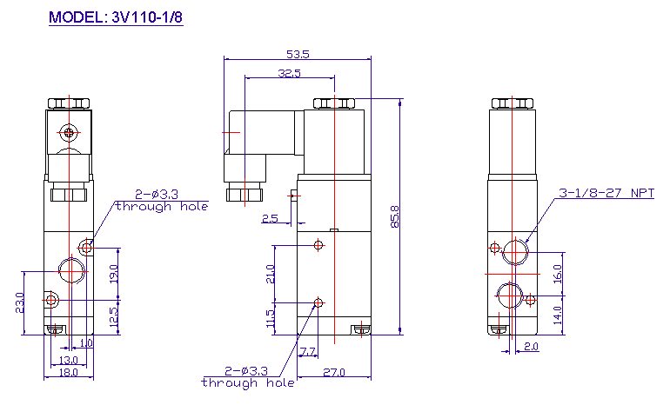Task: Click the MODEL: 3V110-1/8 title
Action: tap(116, 17)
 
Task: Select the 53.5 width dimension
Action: tap(298, 54)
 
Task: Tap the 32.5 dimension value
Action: tap(289, 73)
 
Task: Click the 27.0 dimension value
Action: tap(334, 373)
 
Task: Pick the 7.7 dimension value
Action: tap(307, 351)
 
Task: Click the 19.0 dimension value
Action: tap(113, 274)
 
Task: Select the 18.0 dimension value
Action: tap(67, 372)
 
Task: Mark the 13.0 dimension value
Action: tap(67, 359)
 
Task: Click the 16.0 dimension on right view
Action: tap(557, 272)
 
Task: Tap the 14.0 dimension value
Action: tap(557, 313)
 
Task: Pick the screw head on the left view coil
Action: tap(69, 133)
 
